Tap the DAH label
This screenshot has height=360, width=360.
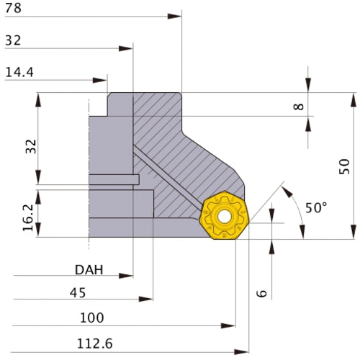(x=89, y=270)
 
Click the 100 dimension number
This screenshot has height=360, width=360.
(x=91, y=318)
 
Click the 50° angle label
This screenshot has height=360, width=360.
(x=315, y=207)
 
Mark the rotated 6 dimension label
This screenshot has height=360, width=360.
(x=261, y=293)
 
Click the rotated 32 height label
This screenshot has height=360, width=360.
(x=30, y=146)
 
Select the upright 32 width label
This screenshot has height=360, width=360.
(x=12, y=40)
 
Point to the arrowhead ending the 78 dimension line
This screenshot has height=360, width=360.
(x=178, y=15)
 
